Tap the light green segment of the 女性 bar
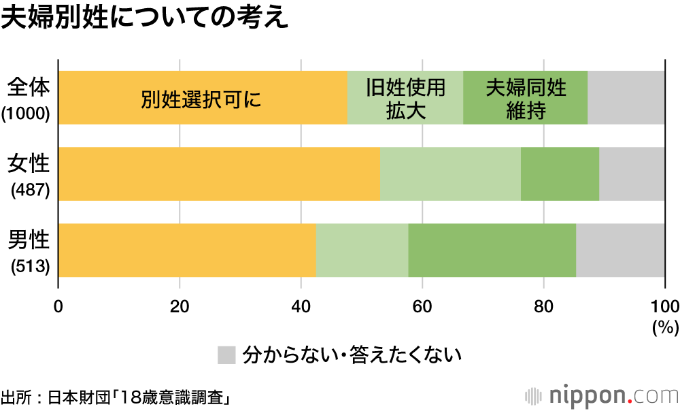pos(450,174)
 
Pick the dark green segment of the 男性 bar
pos(492,250)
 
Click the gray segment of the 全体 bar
pos(626,97)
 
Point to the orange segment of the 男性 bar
pos(187,250)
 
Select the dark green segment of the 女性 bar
pos(560,174)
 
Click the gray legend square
pos(226,355)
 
